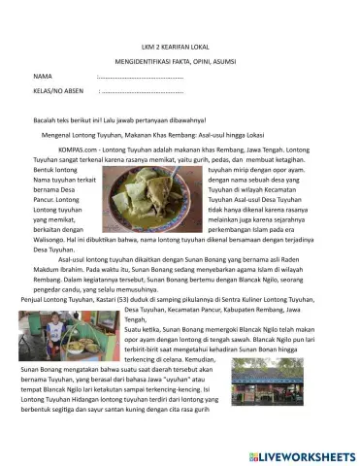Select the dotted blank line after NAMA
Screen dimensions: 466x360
point(141,75)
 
